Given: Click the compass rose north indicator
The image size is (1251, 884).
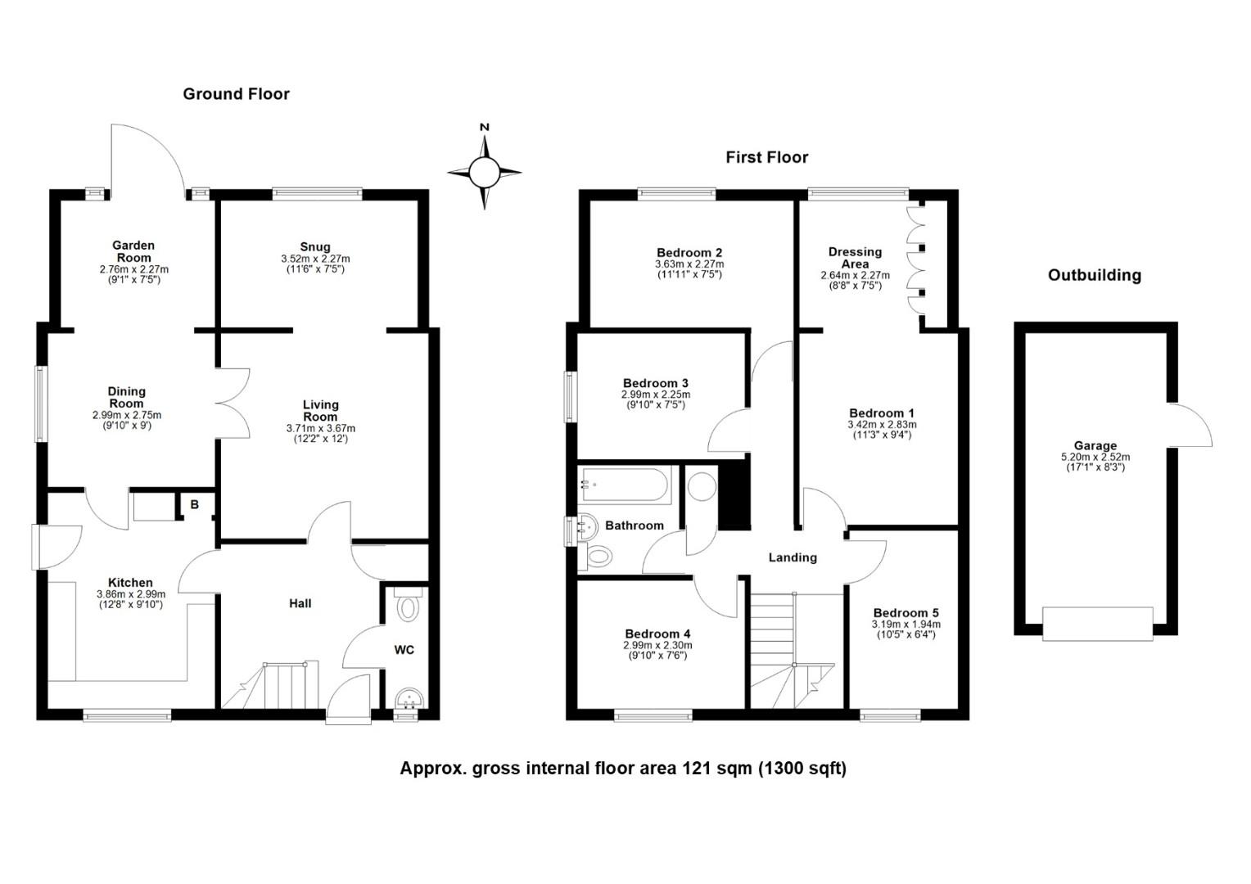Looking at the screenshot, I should (x=484, y=128).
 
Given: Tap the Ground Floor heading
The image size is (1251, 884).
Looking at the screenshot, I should (x=236, y=94).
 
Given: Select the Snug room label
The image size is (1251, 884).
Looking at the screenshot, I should (x=315, y=246).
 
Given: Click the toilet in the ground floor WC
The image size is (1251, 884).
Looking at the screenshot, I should (x=406, y=607).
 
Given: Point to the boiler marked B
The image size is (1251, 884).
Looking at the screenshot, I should (x=194, y=505).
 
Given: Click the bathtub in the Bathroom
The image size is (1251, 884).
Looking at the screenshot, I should (x=625, y=485).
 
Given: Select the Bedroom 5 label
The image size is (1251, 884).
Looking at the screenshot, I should (x=906, y=613).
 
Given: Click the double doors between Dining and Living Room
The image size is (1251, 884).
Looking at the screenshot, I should (x=233, y=403).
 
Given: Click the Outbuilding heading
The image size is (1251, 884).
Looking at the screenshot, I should (x=1094, y=275).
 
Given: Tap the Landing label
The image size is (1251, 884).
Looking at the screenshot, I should (x=792, y=557).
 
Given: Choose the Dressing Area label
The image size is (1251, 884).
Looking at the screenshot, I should (x=855, y=258).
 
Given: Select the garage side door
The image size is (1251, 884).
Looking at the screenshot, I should (x=1189, y=426).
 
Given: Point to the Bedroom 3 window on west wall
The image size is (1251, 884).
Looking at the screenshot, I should (x=570, y=397).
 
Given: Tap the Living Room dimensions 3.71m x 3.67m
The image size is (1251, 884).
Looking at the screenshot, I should (x=320, y=428).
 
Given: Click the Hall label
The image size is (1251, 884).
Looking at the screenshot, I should (x=300, y=603).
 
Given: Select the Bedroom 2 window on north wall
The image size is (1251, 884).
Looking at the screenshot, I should (x=676, y=194).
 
